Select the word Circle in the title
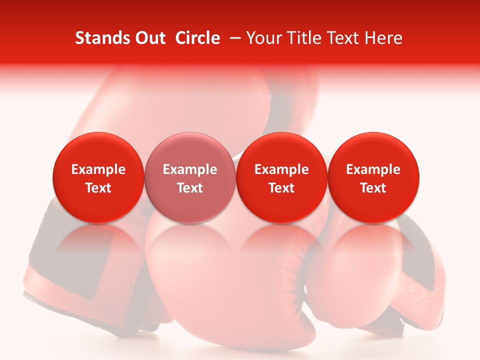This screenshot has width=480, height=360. (x=197, y=38)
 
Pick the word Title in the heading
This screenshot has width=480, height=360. (x=305, y=38)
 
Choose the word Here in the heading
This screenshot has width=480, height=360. (x=383, y=38)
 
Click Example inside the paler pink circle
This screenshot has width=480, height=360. (x=190, y=169)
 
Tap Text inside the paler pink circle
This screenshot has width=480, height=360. (x=190, y=188)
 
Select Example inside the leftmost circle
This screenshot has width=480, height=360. (x=98, y=169)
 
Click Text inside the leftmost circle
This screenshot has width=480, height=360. (x=98, y=188)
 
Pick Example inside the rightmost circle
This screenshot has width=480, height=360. (x=373, y=169)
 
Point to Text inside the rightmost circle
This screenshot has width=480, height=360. (x=373, y=188)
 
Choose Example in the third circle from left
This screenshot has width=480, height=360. (x=281, y=169)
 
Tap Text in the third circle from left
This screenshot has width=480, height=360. (x=281, y=188)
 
